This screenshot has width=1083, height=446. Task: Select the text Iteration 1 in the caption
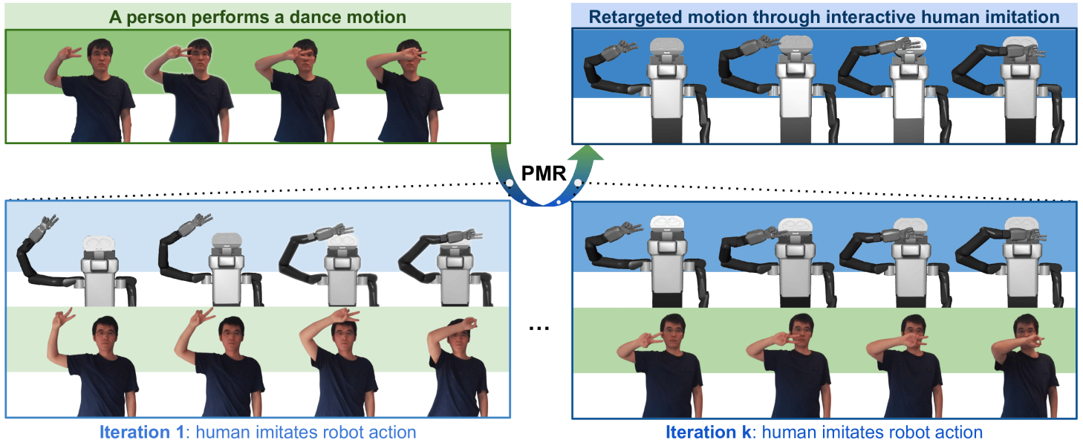pyautogui.click(x=136, y=433)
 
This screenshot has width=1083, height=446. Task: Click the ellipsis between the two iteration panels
pyautogui.click(x=541, y=328)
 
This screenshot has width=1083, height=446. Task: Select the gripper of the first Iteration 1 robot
pyautogui.click(x=48, y=222)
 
